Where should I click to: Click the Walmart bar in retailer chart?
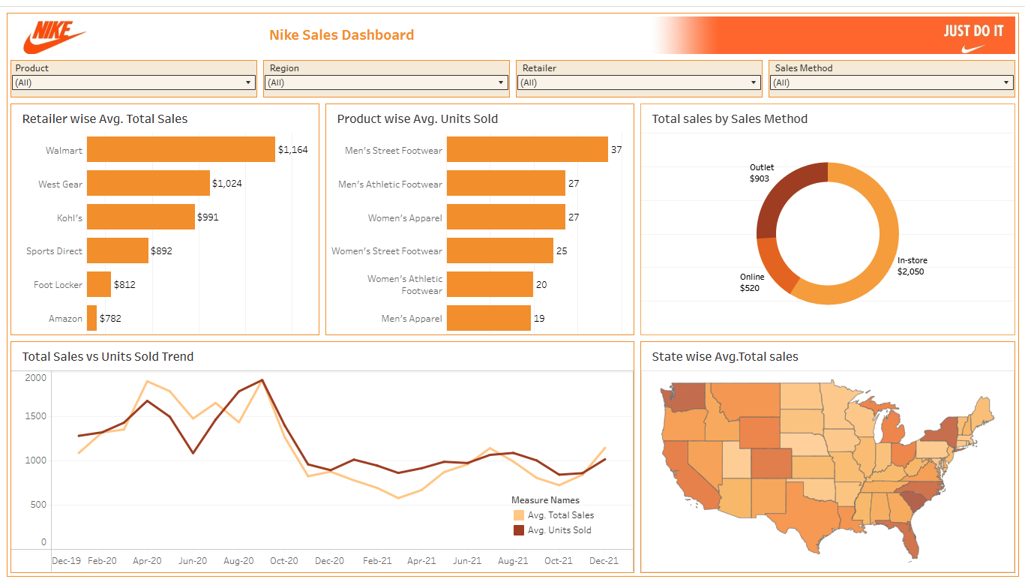coord(181,149)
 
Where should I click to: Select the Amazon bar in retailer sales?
coord(91,318)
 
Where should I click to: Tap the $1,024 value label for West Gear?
coord(227,184)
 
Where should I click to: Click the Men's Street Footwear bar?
coord(526,149)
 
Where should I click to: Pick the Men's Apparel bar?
coord(488,318)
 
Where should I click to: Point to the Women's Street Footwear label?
coord(387,251)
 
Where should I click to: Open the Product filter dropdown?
coord(133,82)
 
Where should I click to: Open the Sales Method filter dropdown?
coord(892,82)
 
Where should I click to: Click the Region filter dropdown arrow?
coord(502,82)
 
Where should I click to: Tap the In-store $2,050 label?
coord(912,266)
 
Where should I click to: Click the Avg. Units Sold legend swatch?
coord(519,530)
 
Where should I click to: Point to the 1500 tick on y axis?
coord(35,416)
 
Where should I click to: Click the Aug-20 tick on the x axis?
coord(238,561)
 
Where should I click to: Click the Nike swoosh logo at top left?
coord(54,36)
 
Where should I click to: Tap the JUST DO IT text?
coord(973,31)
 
